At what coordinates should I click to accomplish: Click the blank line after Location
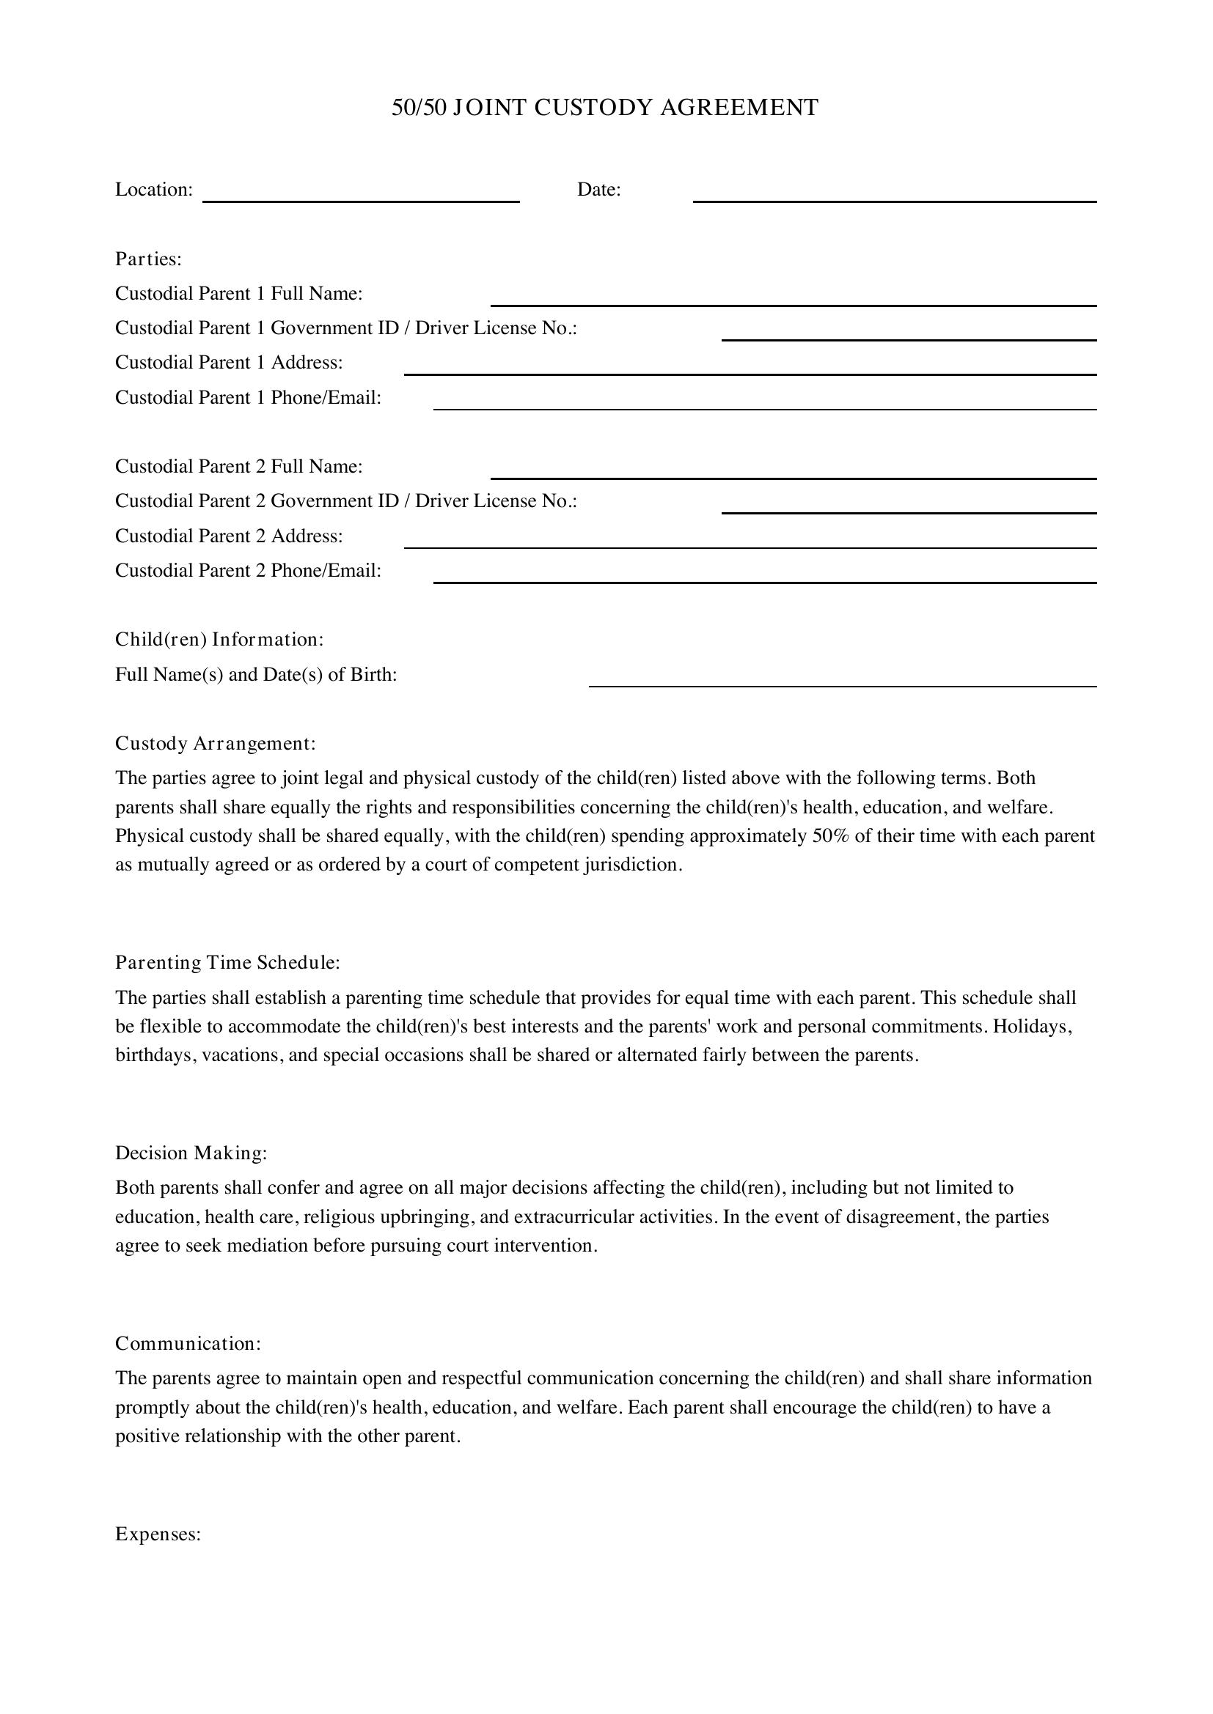(x=361, y=196)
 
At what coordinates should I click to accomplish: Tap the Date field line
(x=894, y=196)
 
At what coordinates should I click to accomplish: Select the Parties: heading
(x=149, y=259)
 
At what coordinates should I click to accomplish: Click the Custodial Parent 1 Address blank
(x=750, y=368)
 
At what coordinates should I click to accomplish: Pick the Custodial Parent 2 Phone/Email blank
(x=765, y=576)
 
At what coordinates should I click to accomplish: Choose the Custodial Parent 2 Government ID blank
(x=908, y=507)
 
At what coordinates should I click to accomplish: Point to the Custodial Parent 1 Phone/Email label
(x=248, y=397)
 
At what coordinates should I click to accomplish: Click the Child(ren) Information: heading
(x=219, y=640)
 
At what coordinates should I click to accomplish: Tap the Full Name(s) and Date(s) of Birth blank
(x=843, y=680)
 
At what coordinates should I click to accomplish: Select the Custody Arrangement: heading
(x=215, y=744)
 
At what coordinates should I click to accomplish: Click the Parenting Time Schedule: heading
(x=227, y=963)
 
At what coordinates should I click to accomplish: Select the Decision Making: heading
(x=191, y=1153)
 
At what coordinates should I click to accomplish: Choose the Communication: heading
(x=188, y=1344)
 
